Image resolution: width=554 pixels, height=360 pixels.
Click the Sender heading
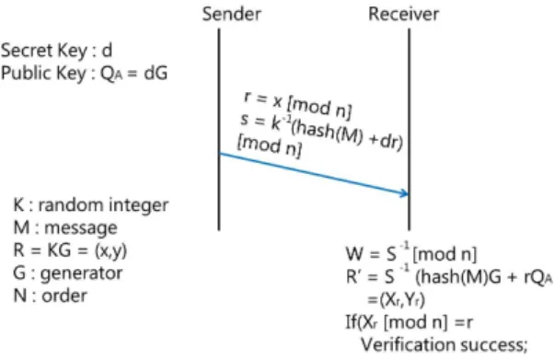[x=231, y=14]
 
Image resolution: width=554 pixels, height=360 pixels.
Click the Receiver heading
[x=403, y=14]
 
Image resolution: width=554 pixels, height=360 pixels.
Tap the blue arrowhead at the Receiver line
[x=405, y=193]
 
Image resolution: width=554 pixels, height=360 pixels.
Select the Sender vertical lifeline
[x=219, y=130]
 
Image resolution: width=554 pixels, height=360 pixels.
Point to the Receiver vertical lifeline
[x=410, y=130]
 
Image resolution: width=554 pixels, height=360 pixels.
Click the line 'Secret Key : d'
[x=56, y=51]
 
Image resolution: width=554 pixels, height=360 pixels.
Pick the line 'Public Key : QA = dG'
[x=84, y=74]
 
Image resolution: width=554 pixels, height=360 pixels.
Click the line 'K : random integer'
[x=91, y=205]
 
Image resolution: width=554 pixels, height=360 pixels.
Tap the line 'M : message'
[x=65, y=227]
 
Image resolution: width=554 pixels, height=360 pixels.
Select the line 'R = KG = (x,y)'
[x=70, y=250]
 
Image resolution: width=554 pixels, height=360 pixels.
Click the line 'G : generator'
[x=67, y=273]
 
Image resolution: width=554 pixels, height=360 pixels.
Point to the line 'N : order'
[x=50, y=296]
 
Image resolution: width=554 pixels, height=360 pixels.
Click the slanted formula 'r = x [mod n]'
[x=297, y=105]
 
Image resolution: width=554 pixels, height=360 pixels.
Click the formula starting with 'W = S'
[x=411, y=253]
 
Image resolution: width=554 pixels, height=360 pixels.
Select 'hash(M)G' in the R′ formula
[x=458, y=277]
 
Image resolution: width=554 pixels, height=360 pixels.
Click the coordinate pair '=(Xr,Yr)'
[x=396, y=300]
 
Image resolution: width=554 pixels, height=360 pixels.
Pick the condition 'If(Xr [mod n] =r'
[x=409, y=322]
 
